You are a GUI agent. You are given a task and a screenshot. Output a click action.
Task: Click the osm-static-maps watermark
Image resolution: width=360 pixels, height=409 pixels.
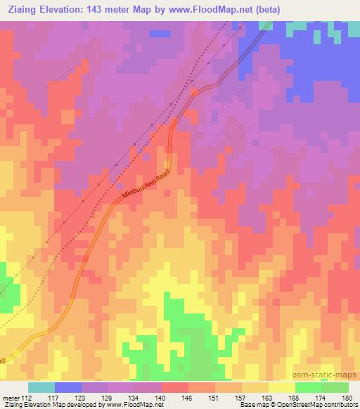[x=327, y=375]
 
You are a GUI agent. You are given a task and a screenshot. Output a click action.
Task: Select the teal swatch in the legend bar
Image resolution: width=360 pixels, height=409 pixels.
[x=41, y=387]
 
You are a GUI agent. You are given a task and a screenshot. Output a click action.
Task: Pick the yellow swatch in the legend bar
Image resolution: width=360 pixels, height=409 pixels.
[x=281, y=387]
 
